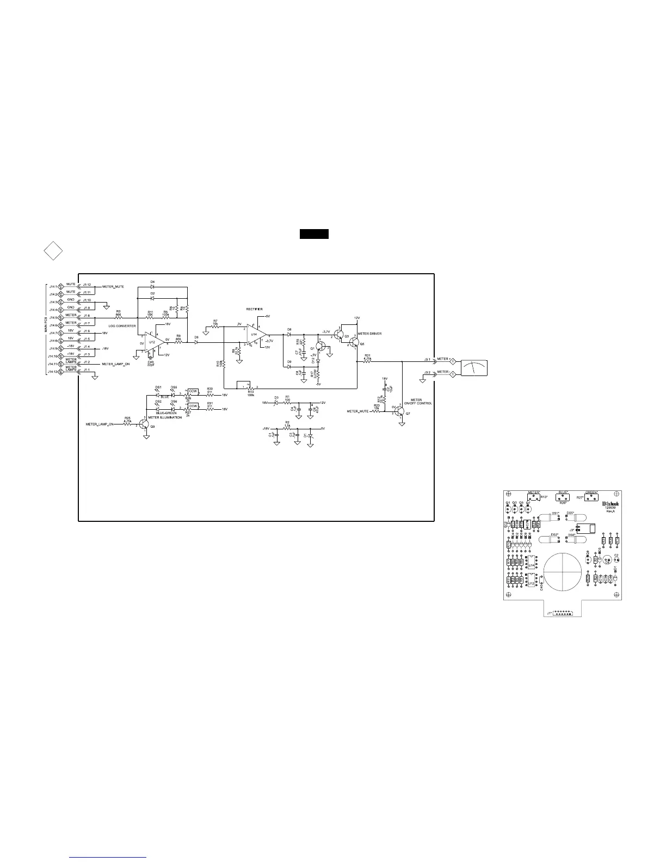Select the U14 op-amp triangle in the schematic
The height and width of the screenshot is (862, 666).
point(256,334)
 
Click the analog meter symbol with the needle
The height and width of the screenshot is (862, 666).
point(474,368)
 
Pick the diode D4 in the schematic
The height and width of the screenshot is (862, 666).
point(152,286)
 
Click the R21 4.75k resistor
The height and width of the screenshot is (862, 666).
point(367,360)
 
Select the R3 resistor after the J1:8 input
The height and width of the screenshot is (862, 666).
point(118,317)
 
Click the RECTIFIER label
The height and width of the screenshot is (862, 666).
point(254,309)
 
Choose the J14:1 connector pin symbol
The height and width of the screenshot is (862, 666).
point(61,286)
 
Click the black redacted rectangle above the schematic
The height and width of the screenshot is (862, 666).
point(314,235)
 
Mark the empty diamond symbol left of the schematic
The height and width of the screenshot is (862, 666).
point(53,251)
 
